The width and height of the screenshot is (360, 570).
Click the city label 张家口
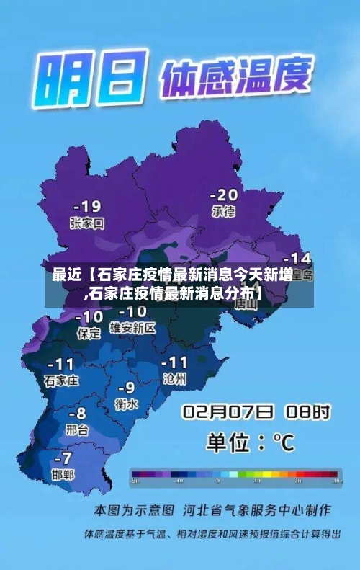click(x=87, y=223)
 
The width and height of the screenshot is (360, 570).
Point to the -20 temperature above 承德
click(x=223, y=195)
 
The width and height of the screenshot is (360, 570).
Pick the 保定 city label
click(x=89, y=333)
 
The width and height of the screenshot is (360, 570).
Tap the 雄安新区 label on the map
click(x=132, y=328)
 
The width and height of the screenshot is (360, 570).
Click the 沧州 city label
click(x=175, y=378)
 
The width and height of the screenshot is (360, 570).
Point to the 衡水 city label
click(x=126, y=404)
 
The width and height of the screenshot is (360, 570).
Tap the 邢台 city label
click(x=76, y=430)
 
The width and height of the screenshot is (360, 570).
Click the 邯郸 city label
click(x=63, y=474)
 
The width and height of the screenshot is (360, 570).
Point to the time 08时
click(x=307, y=412)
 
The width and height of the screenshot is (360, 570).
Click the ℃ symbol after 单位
click(x=283, y=442)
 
